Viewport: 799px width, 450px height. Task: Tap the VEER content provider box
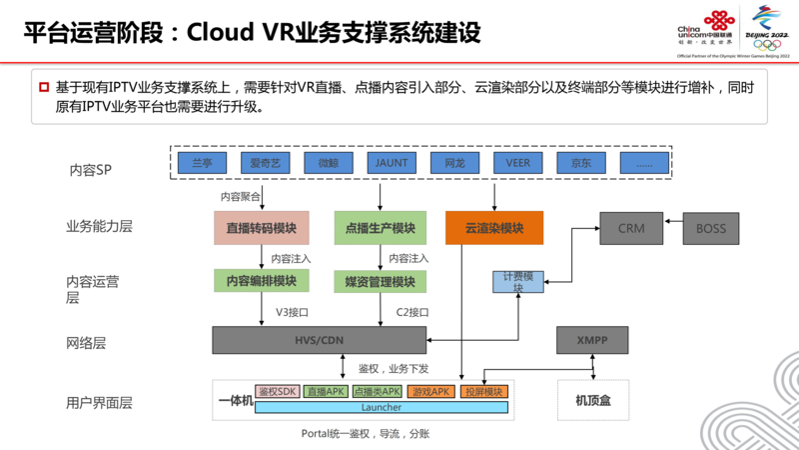coord(518,162)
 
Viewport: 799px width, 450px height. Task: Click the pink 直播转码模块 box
coord(262,228)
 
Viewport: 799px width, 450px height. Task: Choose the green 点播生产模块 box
coord(381,228)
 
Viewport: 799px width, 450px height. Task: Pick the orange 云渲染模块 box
coord(494,228)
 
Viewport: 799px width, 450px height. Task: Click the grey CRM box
coord(631,228)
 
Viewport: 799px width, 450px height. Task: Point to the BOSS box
coord(711,228)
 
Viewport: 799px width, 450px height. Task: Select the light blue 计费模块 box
coord(518,281)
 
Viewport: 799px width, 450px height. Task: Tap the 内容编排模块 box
coord(262,281)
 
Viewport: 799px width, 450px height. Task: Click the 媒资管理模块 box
coord(381,281)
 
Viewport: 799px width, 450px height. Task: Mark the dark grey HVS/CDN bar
coord(320,340)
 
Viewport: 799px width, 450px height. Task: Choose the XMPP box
coord(592,340)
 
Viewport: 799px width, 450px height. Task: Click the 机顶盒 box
coord(593,400)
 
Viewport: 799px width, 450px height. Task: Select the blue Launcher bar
coord(382,407)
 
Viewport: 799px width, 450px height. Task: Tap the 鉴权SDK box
coord(278,392)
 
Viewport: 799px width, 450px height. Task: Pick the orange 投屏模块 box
coord(485,392)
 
